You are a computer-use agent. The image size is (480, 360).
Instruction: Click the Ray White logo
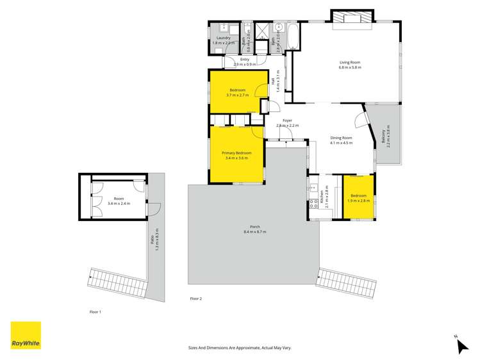pyautogui.click(x=26, y=336)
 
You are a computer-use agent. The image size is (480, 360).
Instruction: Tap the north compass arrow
pyautogui.click(x=461, y=345)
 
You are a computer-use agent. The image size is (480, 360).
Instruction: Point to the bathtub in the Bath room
pyautogui.click(x=292, y=36)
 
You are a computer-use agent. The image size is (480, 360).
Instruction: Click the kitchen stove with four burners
pyautogui.click(x=314, y=204)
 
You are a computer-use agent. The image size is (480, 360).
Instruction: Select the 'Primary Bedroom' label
pyautogui.click(x=236, y=153)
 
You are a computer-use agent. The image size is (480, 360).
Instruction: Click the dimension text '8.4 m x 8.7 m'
pyautogui.click(x=254, y=232)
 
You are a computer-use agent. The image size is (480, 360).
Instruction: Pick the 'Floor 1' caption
pyautogui.click(x=95, y=311)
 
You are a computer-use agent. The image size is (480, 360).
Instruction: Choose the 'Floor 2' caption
pyautogui.click(x=195, y=299)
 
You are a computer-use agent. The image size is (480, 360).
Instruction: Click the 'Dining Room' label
pyautogui.click(x=341, y=138)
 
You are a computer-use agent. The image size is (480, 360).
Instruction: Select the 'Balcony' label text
pyautogui.click(x=384, y=136)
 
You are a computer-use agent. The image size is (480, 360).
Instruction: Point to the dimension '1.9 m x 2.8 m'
pyautogui.click(x=358, y=200)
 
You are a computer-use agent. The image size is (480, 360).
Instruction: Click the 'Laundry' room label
pyautogui.click(x=223, y=38)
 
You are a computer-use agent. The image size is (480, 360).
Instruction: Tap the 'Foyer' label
pyautogui.click(x=288, y=120)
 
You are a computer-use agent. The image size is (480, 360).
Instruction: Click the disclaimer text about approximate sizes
pyautogui.click(x=240, y=347)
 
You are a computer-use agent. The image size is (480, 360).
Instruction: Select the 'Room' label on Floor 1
pyautogui.click(x=119, y=199)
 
